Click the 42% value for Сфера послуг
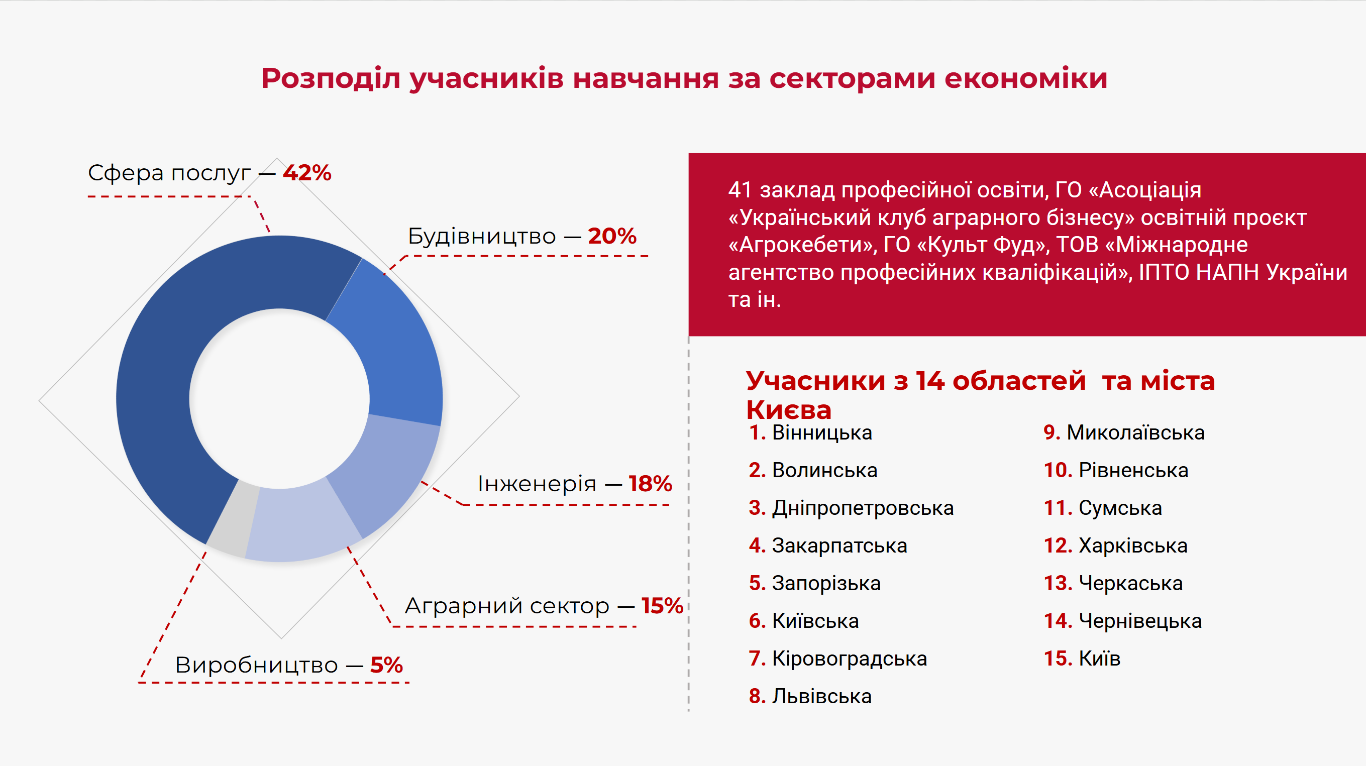pos(307,173)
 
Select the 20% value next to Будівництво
pos(612,236)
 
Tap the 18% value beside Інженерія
pos(650,483)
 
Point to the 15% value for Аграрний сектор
pos(662,605)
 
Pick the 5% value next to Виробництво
pos(386,665)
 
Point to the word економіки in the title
pos(1025,78)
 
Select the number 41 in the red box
pos(740,190)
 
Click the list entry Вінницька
pos(822,432)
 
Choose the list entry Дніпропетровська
pos(863,508)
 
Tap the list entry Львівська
pos(821,696)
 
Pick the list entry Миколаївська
pos(1135,432)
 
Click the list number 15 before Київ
pos(1058,659)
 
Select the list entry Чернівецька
pos(1140,621)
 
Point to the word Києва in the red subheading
pos(789,410)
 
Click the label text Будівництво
pos(481,236)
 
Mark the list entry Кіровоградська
pos(850,659)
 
